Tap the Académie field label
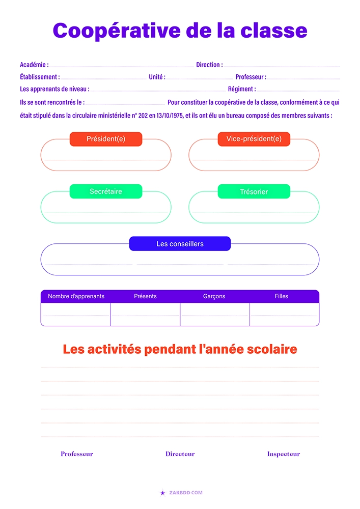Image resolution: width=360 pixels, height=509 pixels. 34,65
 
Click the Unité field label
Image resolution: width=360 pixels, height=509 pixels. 157,77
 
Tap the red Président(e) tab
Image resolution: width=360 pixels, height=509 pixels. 106,139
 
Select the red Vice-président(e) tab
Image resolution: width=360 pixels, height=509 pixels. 254,139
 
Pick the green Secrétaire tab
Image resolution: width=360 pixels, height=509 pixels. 106,191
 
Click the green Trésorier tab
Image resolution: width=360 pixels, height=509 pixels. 254,192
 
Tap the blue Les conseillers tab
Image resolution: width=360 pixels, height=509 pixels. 180,244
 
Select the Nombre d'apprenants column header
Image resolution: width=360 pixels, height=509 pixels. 76,296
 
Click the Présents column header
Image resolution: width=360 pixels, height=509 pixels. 145,296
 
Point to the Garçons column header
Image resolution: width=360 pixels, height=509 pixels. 214,296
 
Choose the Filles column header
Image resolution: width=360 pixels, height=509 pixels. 282,296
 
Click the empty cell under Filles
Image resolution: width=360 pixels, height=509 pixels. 284,315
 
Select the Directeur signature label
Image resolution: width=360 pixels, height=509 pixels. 180,454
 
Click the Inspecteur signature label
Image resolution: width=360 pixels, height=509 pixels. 284,454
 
